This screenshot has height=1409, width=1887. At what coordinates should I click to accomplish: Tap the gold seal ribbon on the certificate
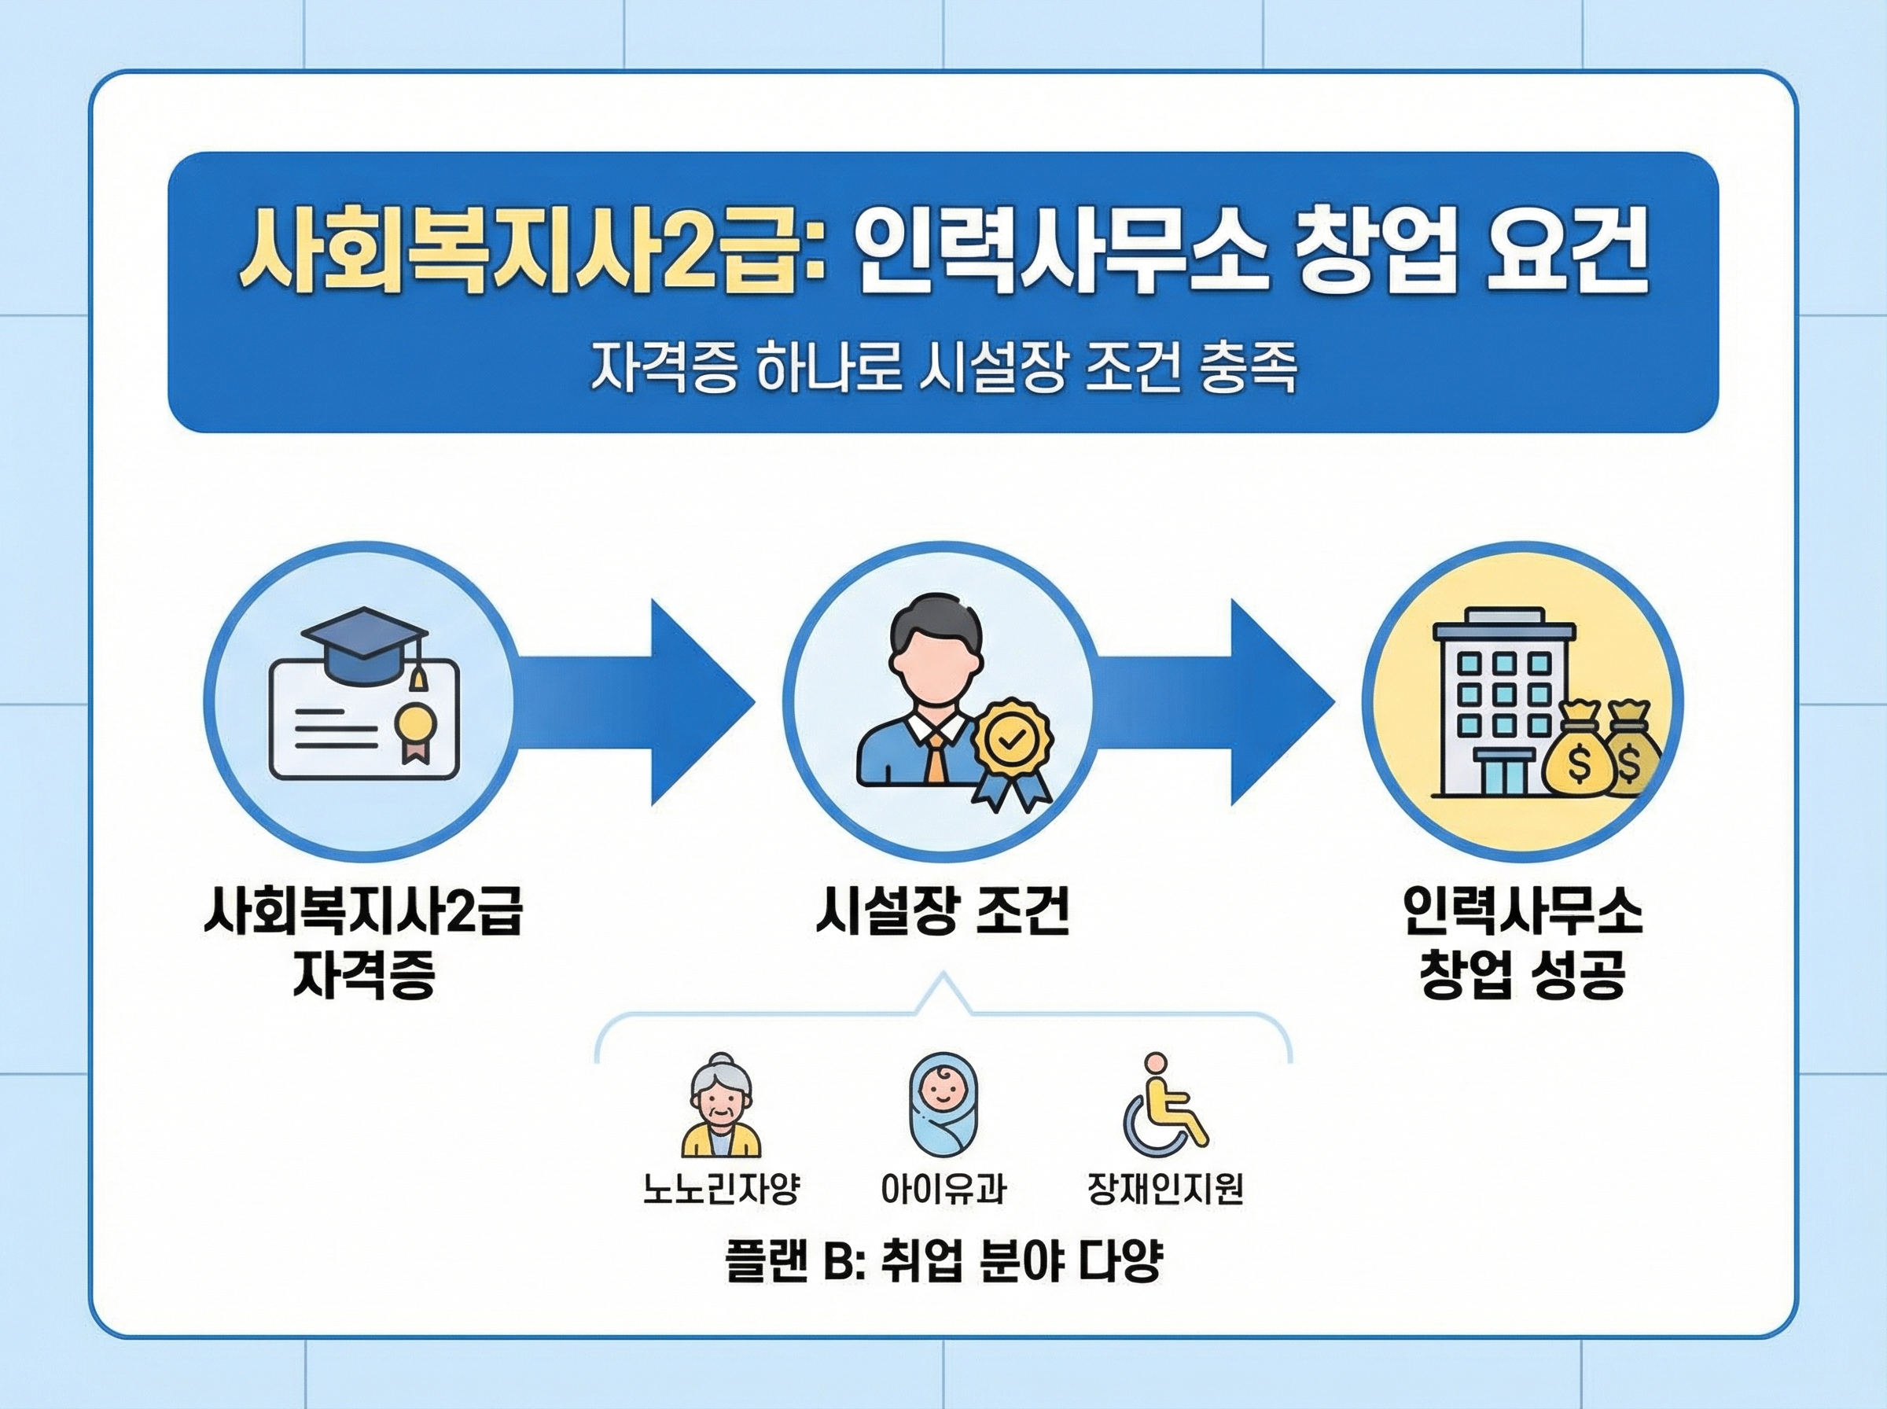point(415,729)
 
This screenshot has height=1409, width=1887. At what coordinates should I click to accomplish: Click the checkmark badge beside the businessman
point(1011,741)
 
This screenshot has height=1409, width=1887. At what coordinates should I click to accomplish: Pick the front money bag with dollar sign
point(1579,754)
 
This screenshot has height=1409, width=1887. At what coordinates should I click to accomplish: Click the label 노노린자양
point(721,1189)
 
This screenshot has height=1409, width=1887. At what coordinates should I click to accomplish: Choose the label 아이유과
point(943,1189)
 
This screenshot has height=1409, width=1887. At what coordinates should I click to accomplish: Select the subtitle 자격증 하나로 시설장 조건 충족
point(943,369)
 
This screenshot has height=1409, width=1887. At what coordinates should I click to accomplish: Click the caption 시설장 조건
point(942,914)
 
